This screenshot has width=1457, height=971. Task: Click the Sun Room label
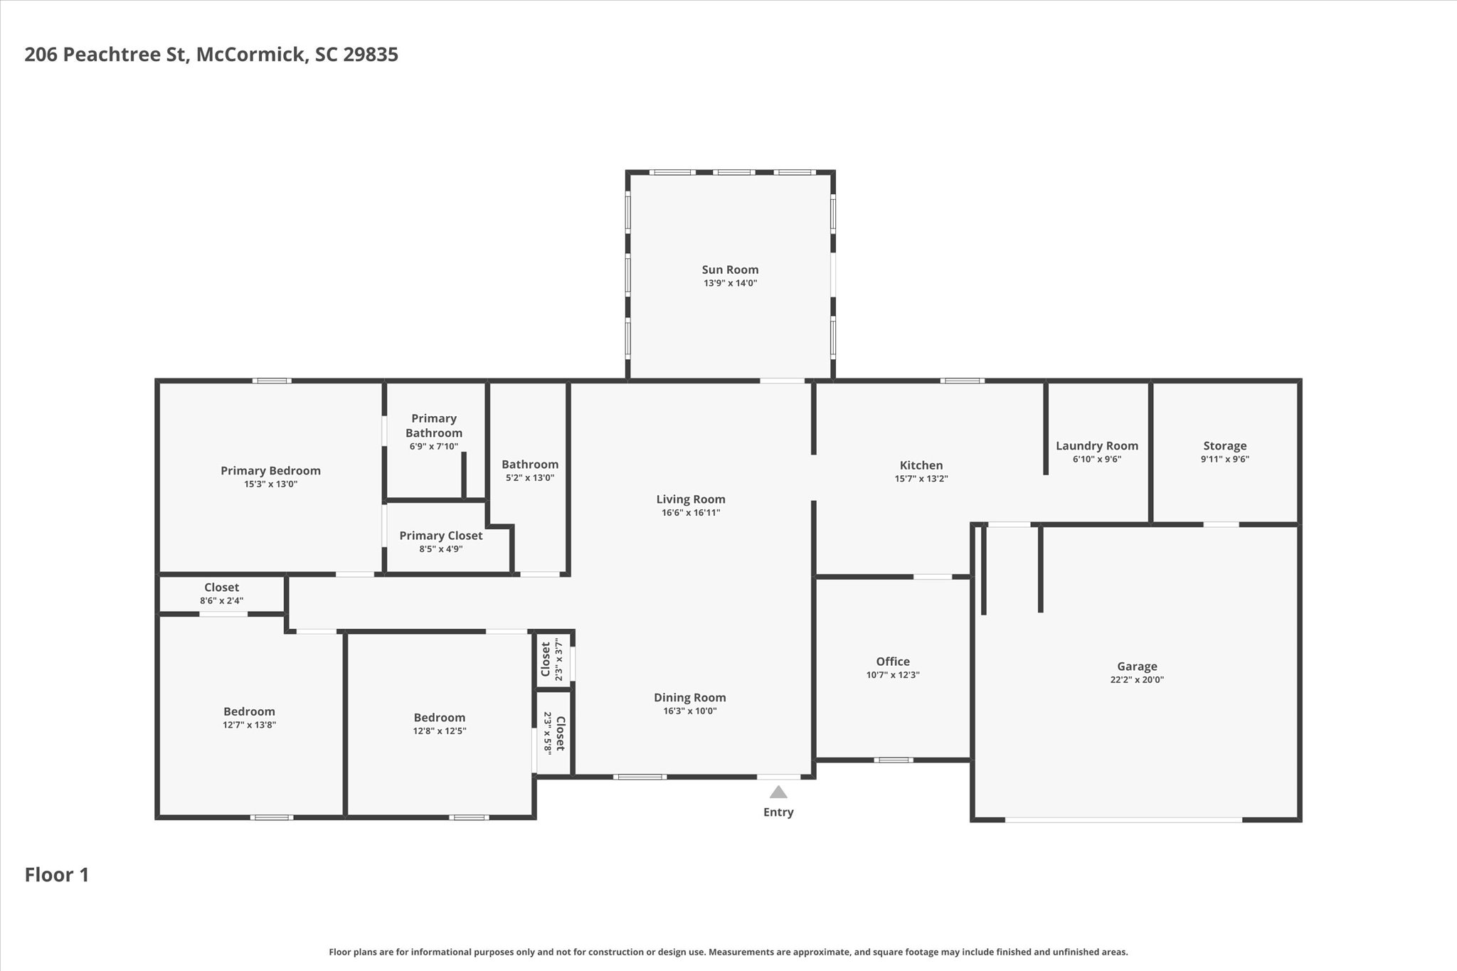[730, 270]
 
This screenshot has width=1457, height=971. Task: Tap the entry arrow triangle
[778, 792]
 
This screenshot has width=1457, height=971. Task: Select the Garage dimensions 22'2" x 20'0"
[1137, 679]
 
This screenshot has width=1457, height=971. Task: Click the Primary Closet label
[440, 536]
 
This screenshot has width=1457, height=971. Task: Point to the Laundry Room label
[1096, 446]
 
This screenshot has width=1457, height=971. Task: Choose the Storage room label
[1224, 446]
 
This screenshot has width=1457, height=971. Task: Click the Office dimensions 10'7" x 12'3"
[892, 675]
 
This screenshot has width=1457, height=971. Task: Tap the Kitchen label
[921, 465]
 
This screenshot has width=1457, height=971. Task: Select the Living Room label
[690, 499]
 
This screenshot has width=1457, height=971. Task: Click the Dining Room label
[689, 698]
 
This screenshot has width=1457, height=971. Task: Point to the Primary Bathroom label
[433, 425]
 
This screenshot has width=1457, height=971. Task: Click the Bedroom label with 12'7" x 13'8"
[249, 711]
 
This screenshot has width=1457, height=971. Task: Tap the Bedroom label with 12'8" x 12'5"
[439, 718]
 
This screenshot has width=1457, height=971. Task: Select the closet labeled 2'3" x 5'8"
[560, 733]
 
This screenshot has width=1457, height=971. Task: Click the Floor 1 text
[57, 874]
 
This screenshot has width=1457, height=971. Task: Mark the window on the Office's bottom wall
[893, 760]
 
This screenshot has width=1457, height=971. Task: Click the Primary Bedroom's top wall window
[272, 381]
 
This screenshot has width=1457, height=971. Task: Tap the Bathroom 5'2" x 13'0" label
[529, 465]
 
